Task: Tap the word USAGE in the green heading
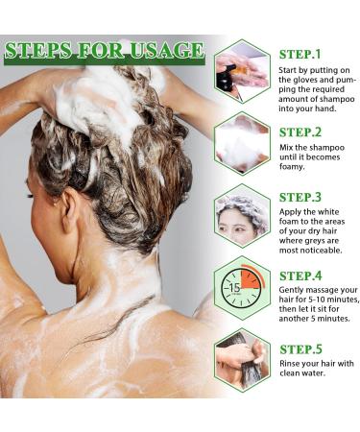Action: click(x=167, y=50)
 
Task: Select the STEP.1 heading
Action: click(x=300, y=54)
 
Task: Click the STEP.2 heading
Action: click(x=300, y=132)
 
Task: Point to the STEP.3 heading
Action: click(x=300, y=197)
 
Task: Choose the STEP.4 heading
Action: click(x=300, y=276)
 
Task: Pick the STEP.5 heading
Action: click(x=300, y=349)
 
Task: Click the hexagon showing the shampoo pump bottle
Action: click(x=242, y=71)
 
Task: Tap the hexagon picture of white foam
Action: click(x=242, y=143)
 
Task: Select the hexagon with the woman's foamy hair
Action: click(x=242, y=215)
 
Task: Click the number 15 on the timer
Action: click(x=234, y=287)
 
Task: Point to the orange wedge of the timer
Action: click(x=251, y=278)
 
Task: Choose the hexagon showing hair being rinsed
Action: click(x=242, y=360)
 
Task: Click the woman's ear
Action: click(x=70, y=211)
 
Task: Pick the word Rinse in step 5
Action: click(x=290, y=364)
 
